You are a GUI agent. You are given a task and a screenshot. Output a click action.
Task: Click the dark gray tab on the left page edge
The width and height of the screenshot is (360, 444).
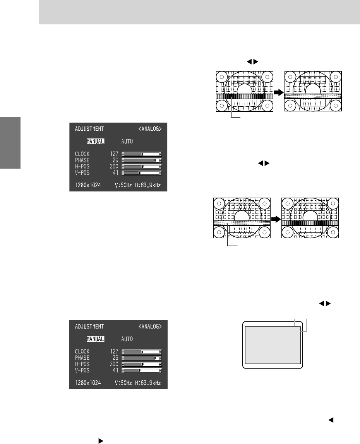tap(10, 142)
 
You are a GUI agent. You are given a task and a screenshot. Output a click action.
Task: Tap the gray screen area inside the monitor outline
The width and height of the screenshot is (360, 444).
tap(273, 345)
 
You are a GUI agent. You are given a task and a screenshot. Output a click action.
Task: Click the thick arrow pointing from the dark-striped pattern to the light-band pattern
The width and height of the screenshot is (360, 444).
tap(279, 92)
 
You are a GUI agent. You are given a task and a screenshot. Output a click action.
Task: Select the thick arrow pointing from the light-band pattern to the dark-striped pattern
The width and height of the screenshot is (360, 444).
tap(276, 219)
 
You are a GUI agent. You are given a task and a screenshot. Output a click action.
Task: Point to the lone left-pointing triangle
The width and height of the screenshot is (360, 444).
tap(331, 420)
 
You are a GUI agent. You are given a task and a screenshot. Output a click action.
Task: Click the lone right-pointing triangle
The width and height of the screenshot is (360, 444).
tap(101, 441)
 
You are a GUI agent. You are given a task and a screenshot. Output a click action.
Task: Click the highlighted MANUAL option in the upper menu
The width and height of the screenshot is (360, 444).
tap(95, 141)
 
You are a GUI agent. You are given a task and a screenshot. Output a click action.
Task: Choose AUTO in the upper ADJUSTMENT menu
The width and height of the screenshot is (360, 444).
tap(127, 141)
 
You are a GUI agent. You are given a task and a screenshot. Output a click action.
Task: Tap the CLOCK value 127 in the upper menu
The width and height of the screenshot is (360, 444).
tap(114, 154)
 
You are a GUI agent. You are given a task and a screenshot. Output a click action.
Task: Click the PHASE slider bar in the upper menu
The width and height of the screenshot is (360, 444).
tap(142, 160)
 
